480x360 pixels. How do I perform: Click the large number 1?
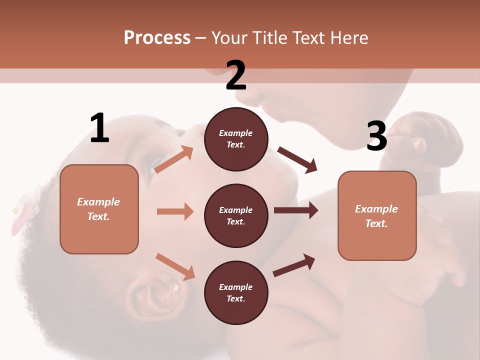coord(99,128)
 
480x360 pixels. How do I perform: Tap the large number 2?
coord(236,76)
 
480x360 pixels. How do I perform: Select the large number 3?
coord(376,136)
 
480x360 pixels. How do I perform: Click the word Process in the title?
coord(157,38)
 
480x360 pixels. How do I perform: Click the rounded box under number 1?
coord(99,209)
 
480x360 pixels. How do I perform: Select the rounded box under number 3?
coord(377,216)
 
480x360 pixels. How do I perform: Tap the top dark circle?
coord(236,139)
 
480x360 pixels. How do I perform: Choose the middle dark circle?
coord(236,215)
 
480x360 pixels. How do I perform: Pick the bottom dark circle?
coord(236,292)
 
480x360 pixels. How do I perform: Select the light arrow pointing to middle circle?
coord(175,211)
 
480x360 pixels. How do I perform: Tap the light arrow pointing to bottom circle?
coord(175,266)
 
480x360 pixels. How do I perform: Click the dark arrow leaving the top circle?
coord(297,160)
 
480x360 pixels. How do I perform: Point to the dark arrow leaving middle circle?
coord(295,210)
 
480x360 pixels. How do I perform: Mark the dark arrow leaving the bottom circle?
coord(294,265)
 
